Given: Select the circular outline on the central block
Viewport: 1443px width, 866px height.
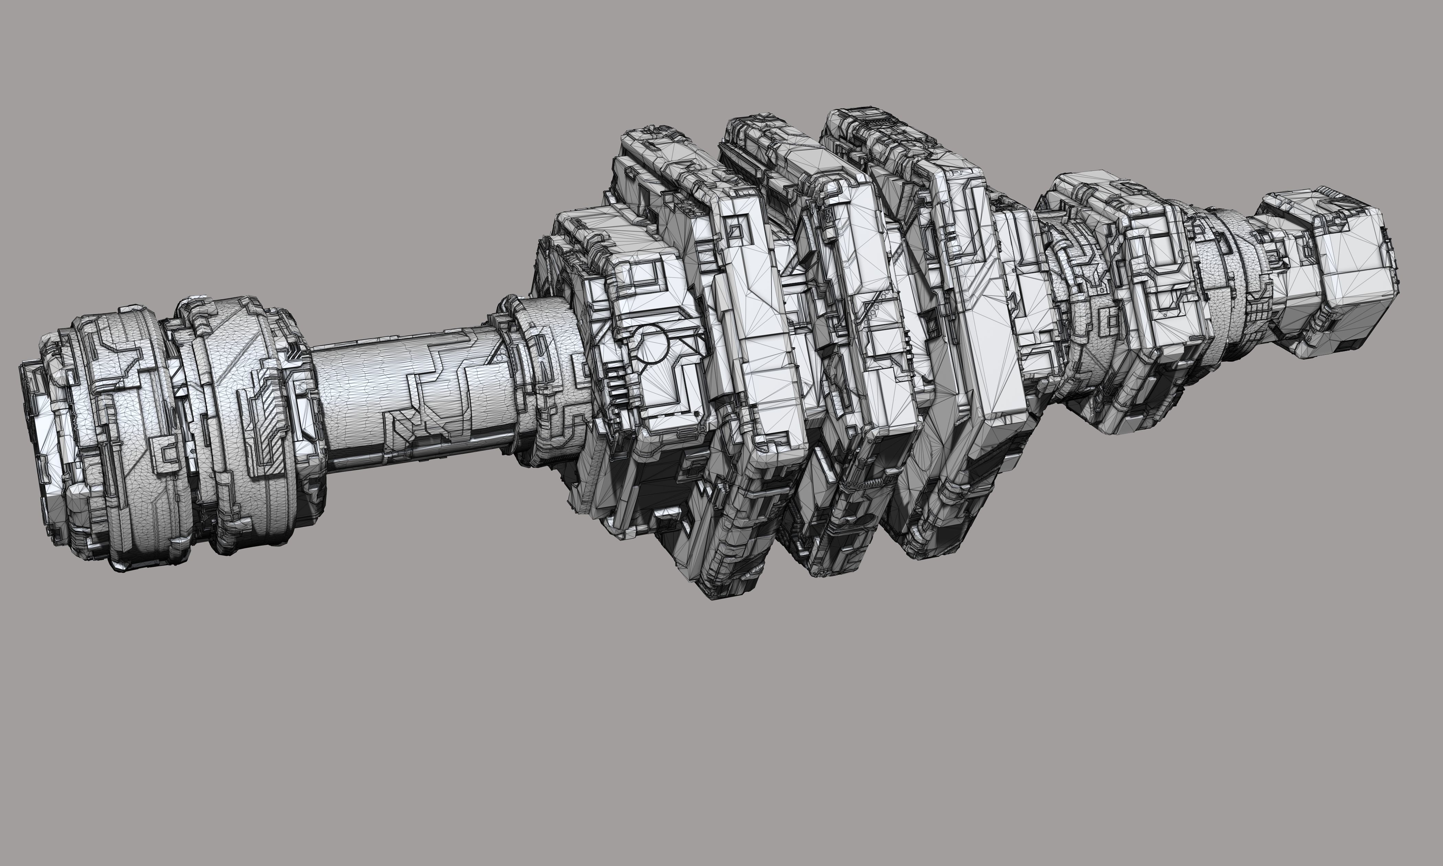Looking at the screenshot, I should coord(652,346).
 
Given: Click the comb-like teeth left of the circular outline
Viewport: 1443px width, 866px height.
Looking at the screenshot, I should coord(613,373).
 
